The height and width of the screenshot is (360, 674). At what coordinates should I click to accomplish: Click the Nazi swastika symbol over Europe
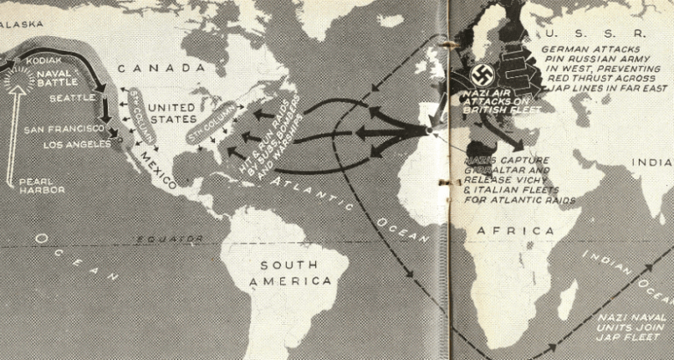[x=482, y=74]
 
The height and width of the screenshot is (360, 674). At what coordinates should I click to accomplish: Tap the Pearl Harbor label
[x=41, y=187]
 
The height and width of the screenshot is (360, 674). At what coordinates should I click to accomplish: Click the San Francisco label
[x=61, y=129]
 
